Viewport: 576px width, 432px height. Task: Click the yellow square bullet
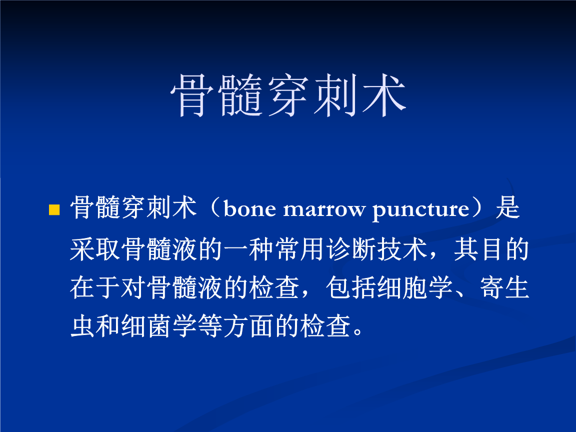[53, 210]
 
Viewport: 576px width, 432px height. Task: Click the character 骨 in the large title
[193, 96]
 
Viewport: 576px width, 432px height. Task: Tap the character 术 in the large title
[382, 96]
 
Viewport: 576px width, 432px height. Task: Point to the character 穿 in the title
[288, 96]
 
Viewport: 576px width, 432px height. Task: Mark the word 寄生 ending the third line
[505, 288]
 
